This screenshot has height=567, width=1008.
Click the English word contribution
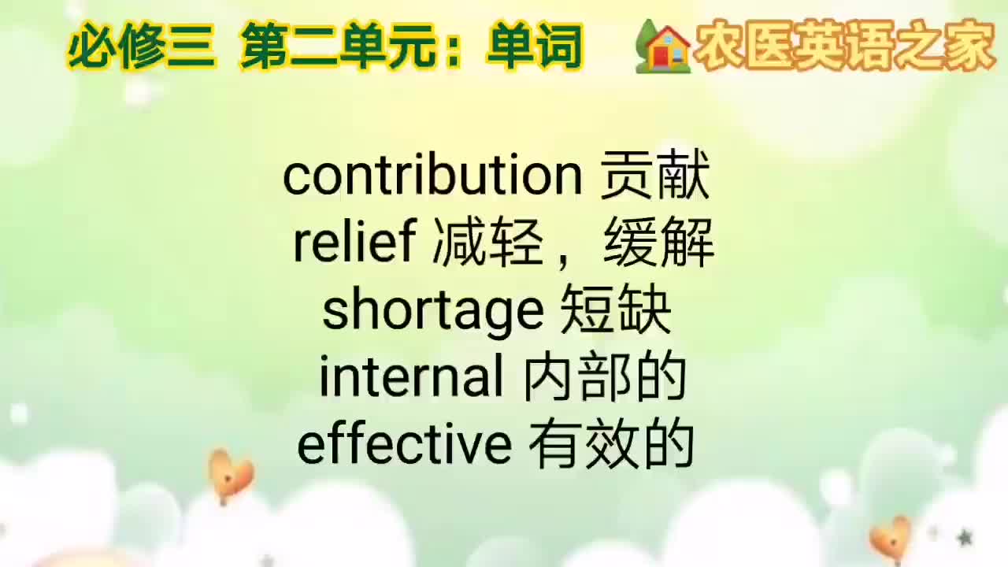[x=432, y=176]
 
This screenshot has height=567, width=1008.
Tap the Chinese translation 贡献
[x=655, y=176]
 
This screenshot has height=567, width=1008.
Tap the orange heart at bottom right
[x=891, y=539]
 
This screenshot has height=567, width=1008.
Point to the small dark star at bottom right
[x=964, y=538]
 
